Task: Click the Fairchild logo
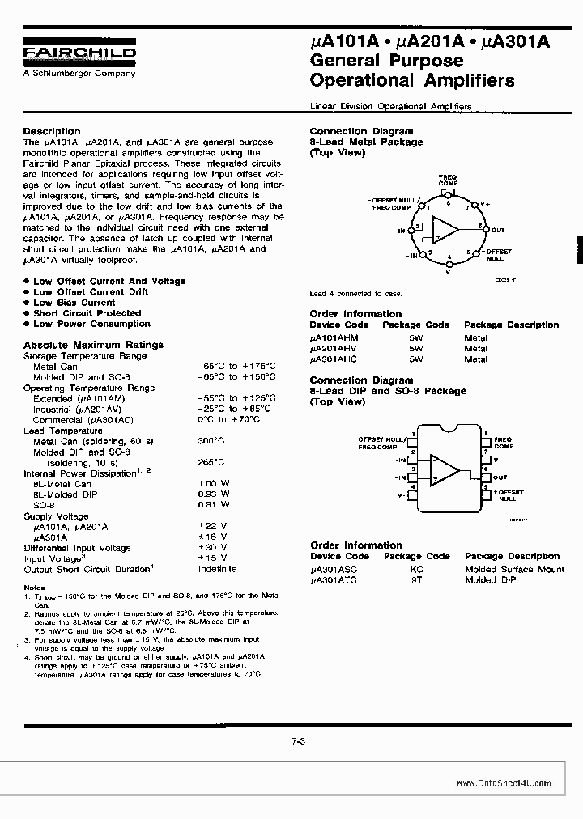coord(79,53)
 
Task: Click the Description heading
coord(52,131)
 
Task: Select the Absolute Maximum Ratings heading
coord(93,345)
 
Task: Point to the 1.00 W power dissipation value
coord(214,483)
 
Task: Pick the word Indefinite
coord(217,569)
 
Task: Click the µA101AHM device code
coord(334,337)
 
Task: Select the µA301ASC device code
coord(334,569)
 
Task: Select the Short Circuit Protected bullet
coord(87,313)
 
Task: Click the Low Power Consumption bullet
coord(91,324)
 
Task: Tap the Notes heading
coord(34,588)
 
